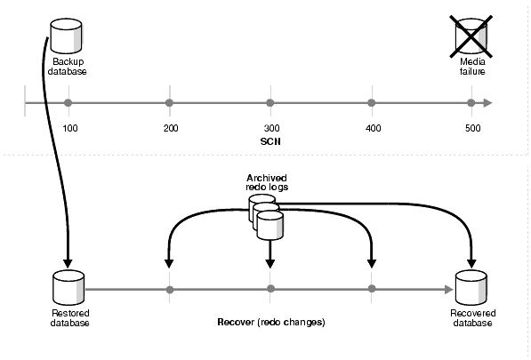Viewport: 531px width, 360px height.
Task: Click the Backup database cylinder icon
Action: click(x=66, y=36)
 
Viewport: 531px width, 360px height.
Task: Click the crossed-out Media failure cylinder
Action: click(x=471, y=36)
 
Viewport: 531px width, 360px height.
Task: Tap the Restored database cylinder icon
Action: click(x=68, y=287)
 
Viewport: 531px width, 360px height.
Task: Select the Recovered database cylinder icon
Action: click(x=471, y=287)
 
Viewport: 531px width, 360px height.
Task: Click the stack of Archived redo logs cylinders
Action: click(x=266, y=218)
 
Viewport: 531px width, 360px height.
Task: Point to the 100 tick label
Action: click(x=70, y=129)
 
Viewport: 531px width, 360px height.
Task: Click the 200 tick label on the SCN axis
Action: click(x=171, y=129)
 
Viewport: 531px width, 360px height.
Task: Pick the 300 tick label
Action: click(x=271, y=129)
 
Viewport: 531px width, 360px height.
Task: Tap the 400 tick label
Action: click(x=374, y=129)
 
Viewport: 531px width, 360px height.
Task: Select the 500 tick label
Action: click(x=473, y=129)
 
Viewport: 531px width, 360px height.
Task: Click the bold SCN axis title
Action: click(x=270, y=141)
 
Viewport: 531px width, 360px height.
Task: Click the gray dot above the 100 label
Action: click(x=68, y=103)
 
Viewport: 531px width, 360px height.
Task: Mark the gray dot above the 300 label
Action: click(x=270, y=103)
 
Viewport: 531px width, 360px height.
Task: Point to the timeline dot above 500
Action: click(x=471, y=103)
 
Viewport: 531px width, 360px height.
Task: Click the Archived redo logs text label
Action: click(x=267, y=182)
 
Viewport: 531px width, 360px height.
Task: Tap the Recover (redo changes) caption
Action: click(x=271, y=322)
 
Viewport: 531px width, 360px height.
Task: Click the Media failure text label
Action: click(x=472, y=67)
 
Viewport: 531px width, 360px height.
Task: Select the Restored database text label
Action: click(x=70, y=317)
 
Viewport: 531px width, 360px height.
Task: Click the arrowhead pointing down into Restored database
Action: click(x=68, y=264)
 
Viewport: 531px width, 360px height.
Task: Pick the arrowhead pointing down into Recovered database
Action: click(x=471, y=264)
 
